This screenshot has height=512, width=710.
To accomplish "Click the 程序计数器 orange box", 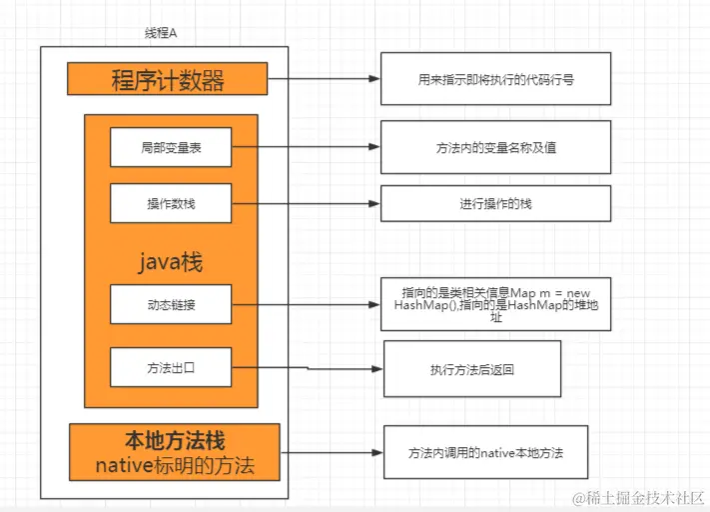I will click(x=168, y=79).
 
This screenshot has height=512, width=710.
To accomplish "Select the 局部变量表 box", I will click(x=170, y=147).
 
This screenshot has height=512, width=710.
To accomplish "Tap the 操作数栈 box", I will click(x=170, y=204).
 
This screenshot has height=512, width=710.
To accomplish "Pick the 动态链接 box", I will click(x=170, y=304).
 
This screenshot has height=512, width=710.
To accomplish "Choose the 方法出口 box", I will click(x=170, y=367).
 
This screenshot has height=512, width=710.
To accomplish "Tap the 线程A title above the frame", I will click(x=160, y=33).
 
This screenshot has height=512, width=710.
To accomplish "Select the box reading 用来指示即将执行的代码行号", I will click(x=495, y=80).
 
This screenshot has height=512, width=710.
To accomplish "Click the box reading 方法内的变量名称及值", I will click(x=495, y=147).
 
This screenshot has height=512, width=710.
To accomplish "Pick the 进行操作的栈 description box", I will click(x=495, y=203).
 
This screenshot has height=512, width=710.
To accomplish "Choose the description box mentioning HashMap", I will click(x=495, y=304).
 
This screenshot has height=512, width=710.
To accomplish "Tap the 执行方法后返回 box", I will click(x=472, y=369).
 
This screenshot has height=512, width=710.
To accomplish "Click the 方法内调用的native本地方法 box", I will click(x=485, y=452).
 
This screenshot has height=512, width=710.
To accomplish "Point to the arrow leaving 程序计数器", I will click(x=324, y=79).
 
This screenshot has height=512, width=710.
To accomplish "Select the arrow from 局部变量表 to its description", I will click(x=305, y=147).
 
